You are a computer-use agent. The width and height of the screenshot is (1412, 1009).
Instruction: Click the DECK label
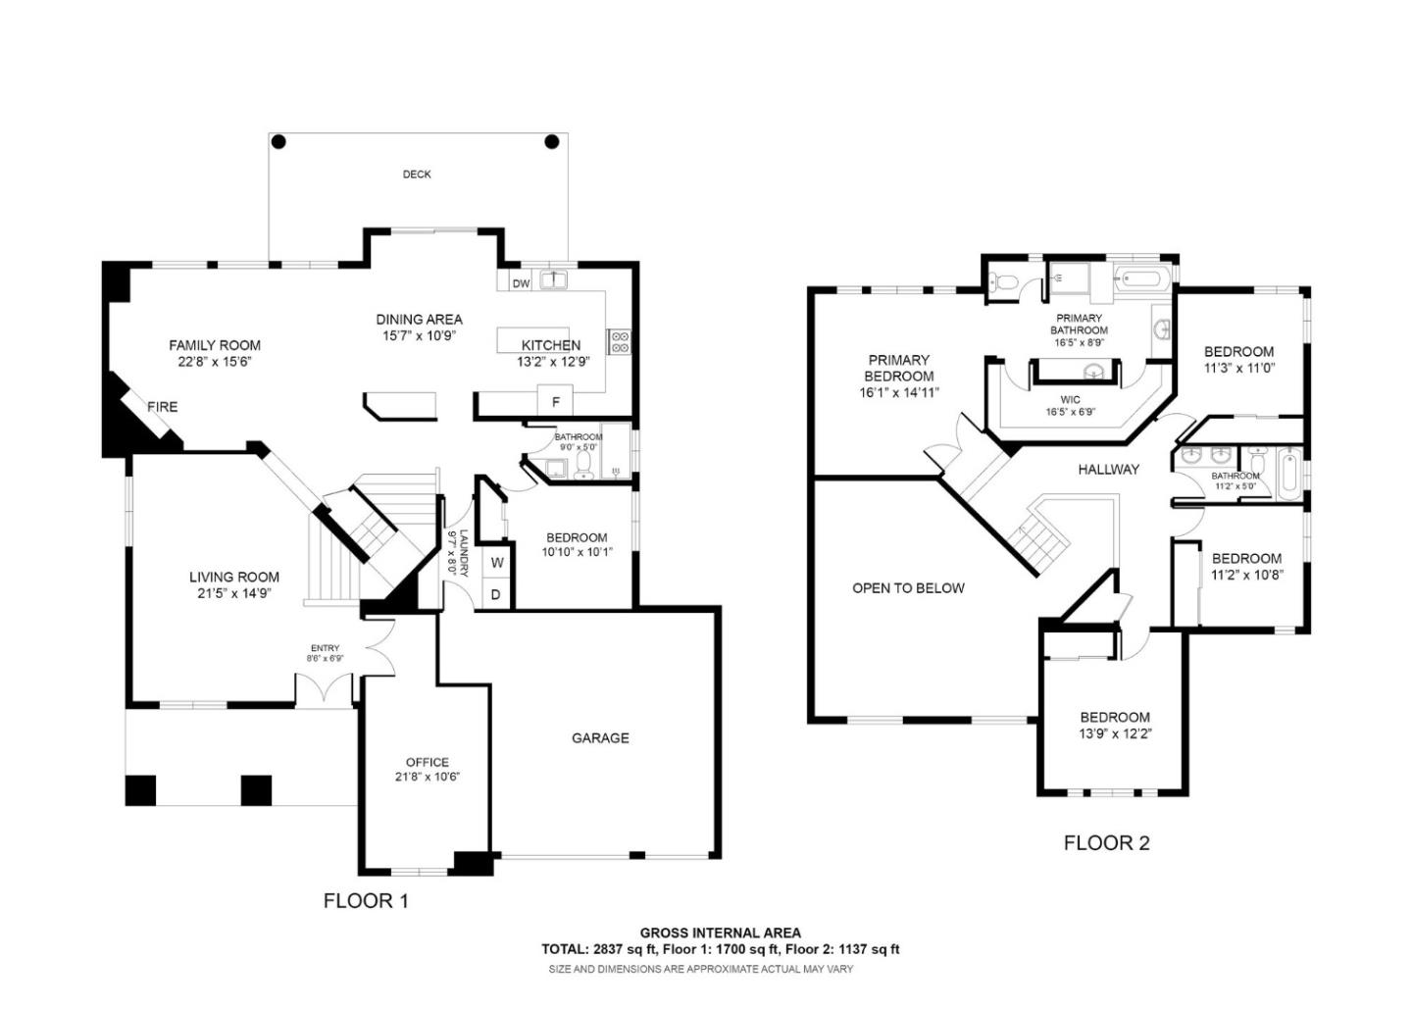417,175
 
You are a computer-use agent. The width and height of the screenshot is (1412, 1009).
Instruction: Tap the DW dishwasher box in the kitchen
521,283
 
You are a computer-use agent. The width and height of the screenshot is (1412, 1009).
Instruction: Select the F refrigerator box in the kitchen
556,401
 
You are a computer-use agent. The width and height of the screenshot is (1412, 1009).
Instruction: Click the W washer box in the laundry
497,563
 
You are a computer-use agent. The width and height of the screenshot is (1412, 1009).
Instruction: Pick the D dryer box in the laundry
496,594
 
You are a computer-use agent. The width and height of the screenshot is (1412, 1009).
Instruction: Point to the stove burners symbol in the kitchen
620,341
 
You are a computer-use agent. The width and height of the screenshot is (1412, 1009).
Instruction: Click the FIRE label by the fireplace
163,407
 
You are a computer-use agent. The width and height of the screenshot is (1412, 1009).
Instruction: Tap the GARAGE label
600,738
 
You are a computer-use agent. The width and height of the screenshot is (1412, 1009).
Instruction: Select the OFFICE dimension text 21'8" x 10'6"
428,777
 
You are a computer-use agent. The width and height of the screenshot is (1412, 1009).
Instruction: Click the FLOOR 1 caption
366,900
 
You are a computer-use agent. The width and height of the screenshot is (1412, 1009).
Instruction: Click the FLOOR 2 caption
1106,842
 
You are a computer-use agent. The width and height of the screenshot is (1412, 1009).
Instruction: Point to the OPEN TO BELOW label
908,588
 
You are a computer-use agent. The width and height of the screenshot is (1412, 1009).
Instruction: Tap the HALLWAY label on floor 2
1109,470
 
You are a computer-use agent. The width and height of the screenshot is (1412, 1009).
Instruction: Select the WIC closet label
1070,400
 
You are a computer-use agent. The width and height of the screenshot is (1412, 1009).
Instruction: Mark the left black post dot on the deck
278,142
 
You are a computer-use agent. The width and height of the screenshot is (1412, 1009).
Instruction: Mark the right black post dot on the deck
552,142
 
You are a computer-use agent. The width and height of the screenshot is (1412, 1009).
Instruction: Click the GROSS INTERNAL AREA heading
720,933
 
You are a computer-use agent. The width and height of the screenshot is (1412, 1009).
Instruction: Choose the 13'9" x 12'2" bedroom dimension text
1115,733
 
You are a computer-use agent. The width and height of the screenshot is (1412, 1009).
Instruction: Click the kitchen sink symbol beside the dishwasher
554,280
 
